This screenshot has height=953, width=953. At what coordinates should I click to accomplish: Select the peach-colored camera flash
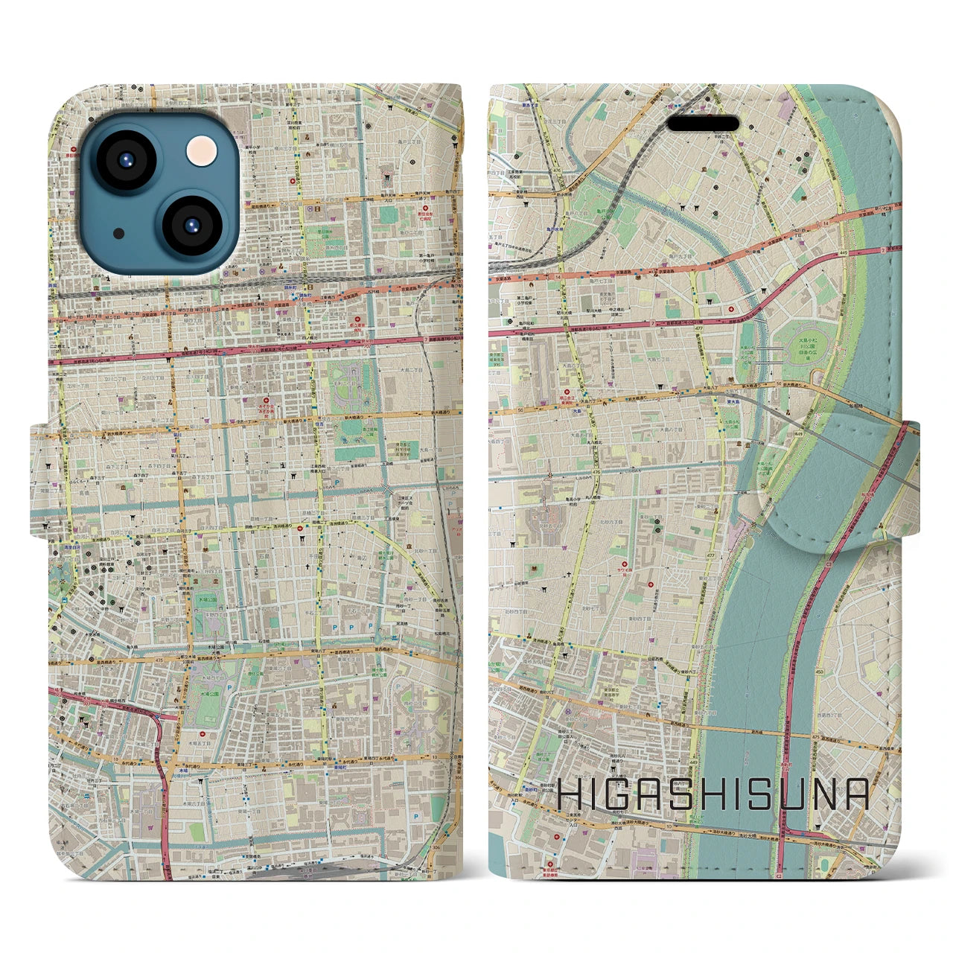pyautogui.click(x=202, y=152)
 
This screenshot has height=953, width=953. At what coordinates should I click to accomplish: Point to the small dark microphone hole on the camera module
pyautogui.click(x=118, y=233)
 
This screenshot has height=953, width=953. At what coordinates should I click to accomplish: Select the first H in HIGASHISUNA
pyautogui.click(x=571, y=794)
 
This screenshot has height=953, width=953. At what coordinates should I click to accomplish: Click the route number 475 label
pyautogui.click(x=816, y=737)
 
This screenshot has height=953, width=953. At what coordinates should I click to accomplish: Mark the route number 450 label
pyautogui.click(x=819, y=672)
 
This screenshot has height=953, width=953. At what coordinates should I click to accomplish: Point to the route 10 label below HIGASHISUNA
pyautogui.click(x=668, y=826)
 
